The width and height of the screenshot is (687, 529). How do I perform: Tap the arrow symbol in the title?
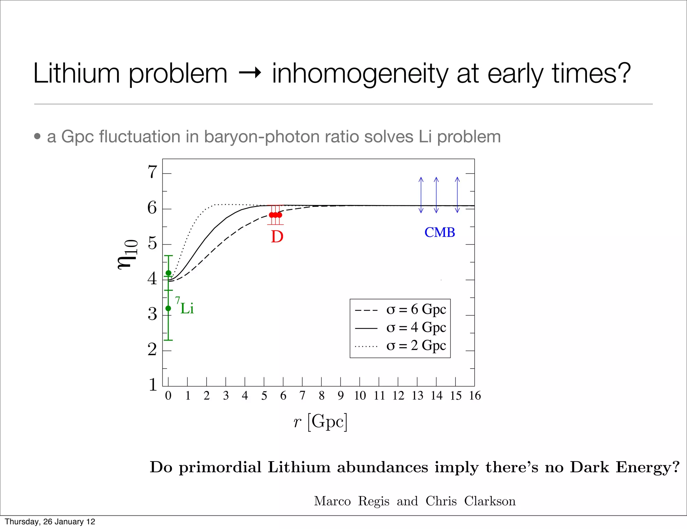click(x=250, y=73)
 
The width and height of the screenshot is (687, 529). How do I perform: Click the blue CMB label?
click(x=439, y=232)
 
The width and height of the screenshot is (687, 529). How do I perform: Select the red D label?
click(x=277, y=237)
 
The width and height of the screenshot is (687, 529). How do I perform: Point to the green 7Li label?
click(x=185, y=306)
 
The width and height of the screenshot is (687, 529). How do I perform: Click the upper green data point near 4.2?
click(x=168, y=273)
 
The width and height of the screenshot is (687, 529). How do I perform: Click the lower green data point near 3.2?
click(x=168, y=308)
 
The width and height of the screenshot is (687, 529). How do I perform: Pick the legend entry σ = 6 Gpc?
click(x=416, y=309)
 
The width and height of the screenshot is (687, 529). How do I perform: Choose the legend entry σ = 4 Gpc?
click(x=416, y=328)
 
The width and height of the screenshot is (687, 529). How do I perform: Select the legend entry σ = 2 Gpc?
click(x=416, y=346)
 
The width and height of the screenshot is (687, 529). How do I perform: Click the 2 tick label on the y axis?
click(x=153, y=350)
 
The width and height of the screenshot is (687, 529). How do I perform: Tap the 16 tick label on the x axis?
click(x=475, y=396)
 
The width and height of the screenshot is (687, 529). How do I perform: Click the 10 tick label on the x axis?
click(x=360, y=396)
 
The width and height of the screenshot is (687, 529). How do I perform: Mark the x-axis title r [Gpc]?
click(x=320, y=422)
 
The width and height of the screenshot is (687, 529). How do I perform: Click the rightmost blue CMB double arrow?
click(x=457, y=195)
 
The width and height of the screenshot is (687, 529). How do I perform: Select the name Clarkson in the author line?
click(x=490, y=501)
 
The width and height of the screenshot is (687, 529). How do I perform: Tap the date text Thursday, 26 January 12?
click(x=50, y=522)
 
